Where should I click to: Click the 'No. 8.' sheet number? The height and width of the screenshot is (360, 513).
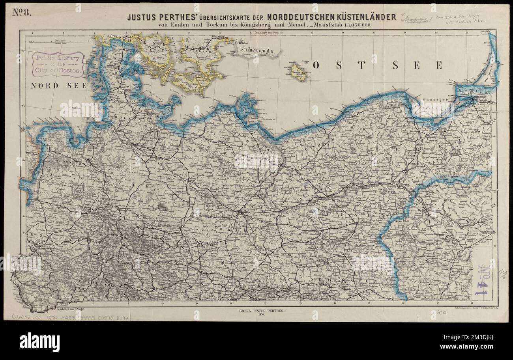click(21, 12)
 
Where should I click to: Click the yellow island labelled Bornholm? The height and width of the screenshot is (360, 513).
click(298, 73)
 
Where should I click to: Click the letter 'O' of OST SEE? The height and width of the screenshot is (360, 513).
click(316, 66)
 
